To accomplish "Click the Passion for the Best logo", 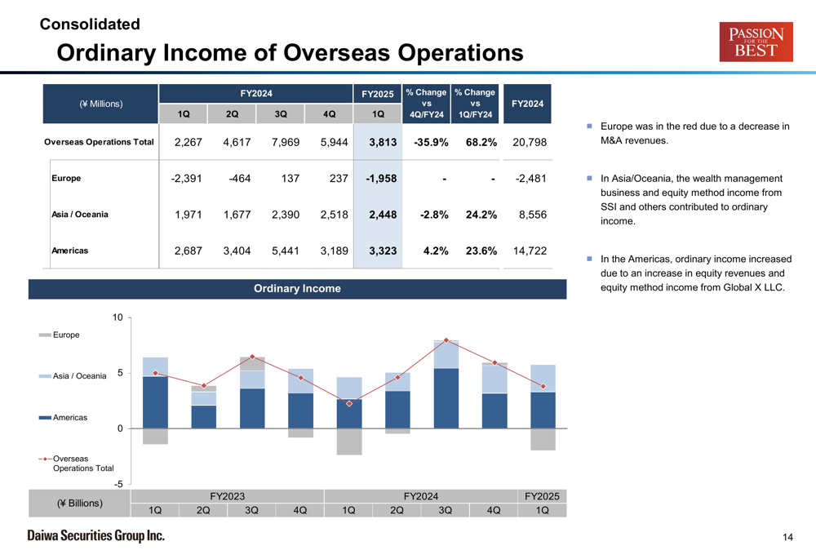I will coord(756,42).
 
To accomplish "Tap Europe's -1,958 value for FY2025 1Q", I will coord(379,179).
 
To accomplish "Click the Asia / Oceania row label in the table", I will coord(80,215).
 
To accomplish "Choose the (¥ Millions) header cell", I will coord(101,104).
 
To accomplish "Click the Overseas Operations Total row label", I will coord(99,142).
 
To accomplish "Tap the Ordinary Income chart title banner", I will coord(297,289).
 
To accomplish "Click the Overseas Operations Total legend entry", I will coord(73,464).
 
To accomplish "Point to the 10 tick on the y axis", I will coord(118,317).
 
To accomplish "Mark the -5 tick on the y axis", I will coord(118,484).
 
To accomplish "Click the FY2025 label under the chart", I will coord(542,496).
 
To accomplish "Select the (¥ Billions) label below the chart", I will coord(80,504).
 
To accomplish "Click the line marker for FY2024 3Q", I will coord(446,340).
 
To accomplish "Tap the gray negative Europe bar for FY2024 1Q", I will coord(349,441).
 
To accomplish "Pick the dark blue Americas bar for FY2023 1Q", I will coord(155,402).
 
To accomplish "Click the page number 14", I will coord(787,537).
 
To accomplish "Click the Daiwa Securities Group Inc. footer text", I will coord(95,536).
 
